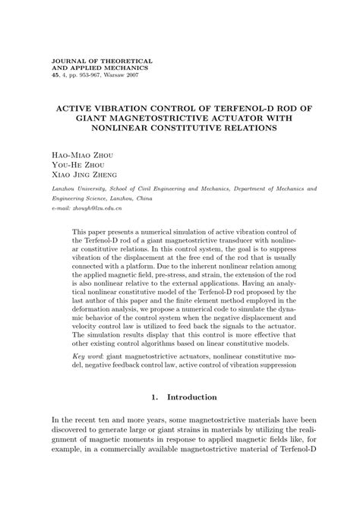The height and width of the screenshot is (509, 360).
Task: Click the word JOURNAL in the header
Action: click(67, 59)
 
